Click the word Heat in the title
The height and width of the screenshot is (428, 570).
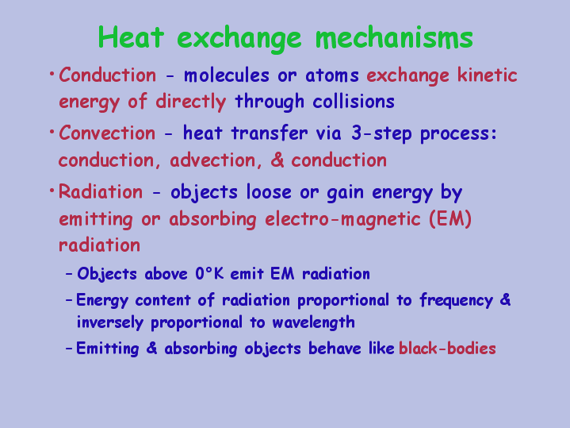coord(131,37)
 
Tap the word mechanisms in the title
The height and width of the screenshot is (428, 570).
coord(394,37)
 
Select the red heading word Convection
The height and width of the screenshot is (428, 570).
coord(107,133)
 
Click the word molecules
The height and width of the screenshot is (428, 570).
coord(227,75)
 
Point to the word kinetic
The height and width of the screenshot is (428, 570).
coord(487,75)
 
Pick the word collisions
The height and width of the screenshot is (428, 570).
coord(354,102)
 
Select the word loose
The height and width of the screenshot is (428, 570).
coord(269,191)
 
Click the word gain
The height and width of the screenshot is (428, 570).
coord(346,192)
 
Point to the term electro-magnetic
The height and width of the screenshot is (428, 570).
coord(342,219)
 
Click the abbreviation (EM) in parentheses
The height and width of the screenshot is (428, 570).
coord(450,219)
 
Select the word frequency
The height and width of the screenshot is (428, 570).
coord(457,301)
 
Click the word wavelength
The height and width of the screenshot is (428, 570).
coord(313,322)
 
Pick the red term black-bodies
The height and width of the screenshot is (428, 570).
coord(447,349)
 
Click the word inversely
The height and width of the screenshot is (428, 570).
coord(109,322)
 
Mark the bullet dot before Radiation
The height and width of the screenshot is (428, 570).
coord(52,190)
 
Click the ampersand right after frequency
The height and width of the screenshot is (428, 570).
coord(506,300)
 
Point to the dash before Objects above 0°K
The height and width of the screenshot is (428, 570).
coord(69,274)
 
